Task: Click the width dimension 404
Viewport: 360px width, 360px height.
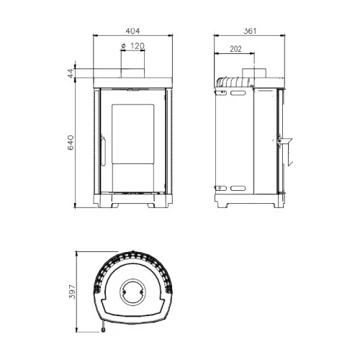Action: coord(132,31)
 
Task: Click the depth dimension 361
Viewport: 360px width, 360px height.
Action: coord(250,31)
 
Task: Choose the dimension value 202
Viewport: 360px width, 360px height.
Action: coord(235,49)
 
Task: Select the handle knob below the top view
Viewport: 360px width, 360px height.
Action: coord(104,331)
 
